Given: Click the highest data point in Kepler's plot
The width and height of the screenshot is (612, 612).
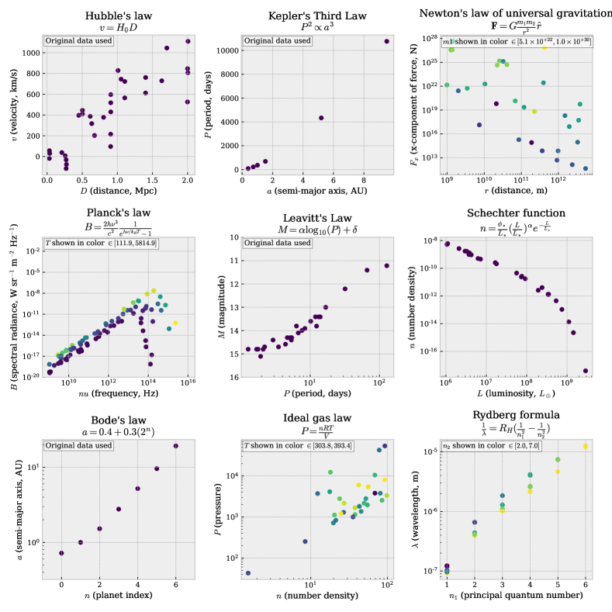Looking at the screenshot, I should tap(386, 41).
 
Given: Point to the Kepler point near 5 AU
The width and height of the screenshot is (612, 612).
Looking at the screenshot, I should tap(321, 118).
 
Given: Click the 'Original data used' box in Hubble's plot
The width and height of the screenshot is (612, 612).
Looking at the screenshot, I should tap(79, 40).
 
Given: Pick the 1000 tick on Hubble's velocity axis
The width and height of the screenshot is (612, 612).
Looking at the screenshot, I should tap(29, 53).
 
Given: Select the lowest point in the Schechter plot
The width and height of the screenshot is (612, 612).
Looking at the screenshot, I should tap(585, 371).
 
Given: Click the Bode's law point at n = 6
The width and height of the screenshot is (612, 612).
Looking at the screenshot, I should tap(175, 445).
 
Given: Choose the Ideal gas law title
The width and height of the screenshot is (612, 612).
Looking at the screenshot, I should tap(313, 418).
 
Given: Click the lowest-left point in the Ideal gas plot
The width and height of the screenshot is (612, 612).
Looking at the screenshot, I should tap(248, 573).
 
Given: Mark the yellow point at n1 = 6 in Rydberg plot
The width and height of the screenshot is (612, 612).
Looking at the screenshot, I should tap(586, 447).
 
